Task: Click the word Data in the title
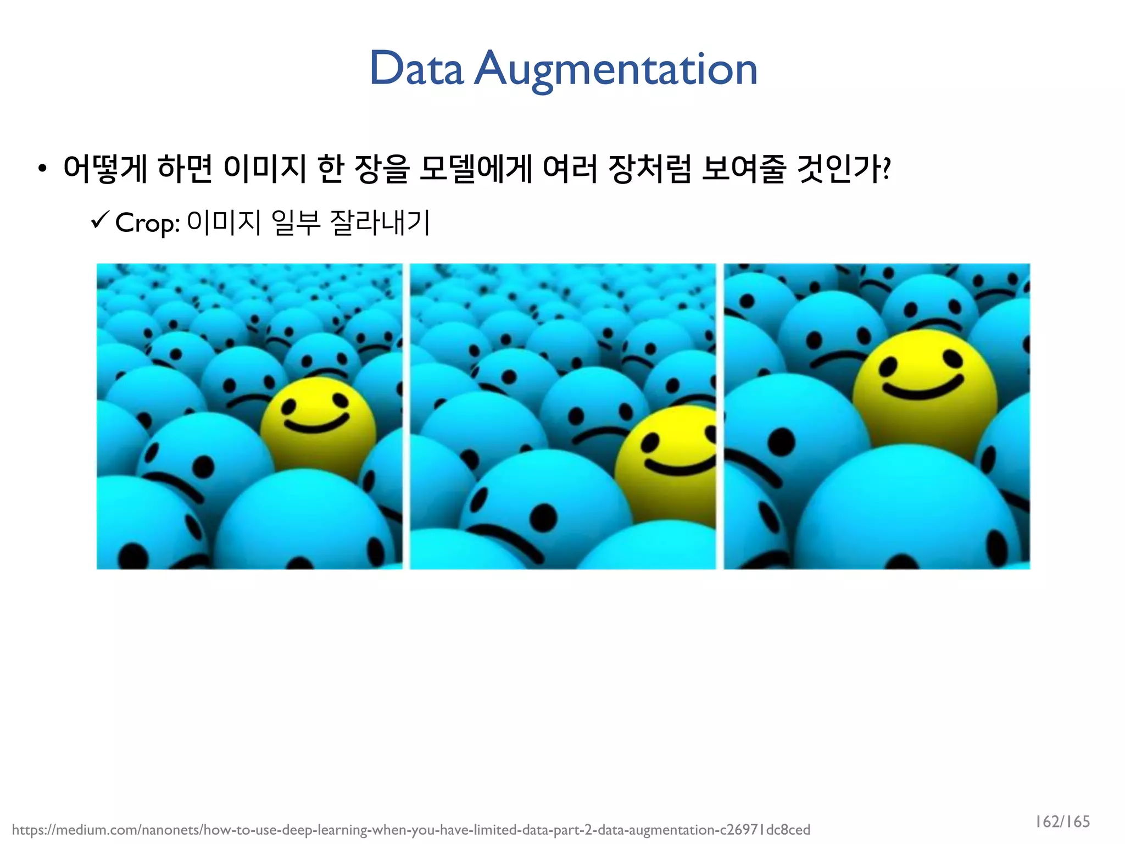(416, 69)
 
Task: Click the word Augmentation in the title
(616, 70)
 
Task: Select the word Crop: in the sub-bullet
(148, 223)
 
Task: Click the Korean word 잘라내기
(380, 223)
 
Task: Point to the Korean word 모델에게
(475, 168)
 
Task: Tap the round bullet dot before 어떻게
(42, 169)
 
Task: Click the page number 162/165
(1062, 821)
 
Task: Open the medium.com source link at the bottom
(411, 830)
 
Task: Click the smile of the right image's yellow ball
(923, 388)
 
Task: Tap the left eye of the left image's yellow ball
(289, 408)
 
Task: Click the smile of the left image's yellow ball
(315, 424)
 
